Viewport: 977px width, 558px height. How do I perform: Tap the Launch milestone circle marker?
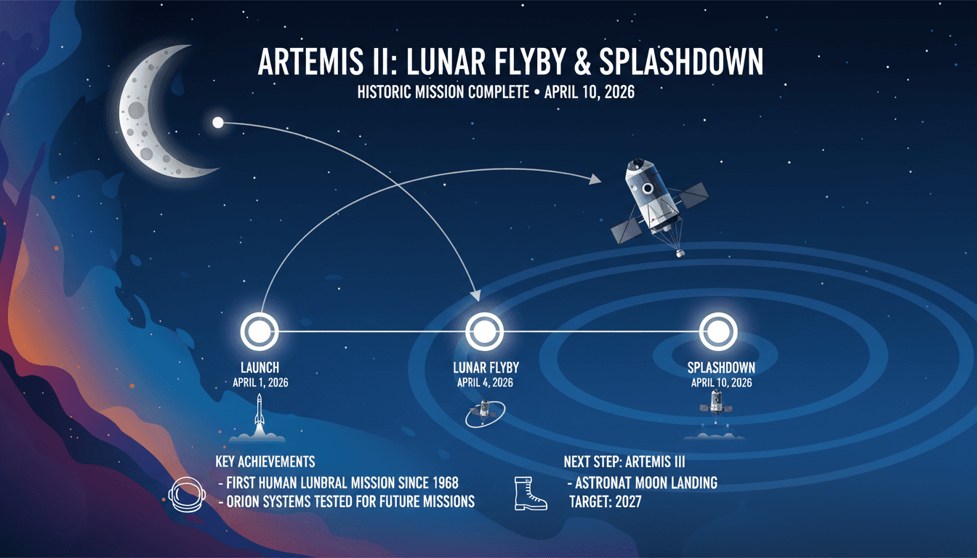260,331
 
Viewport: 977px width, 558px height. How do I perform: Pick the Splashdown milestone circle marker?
718,331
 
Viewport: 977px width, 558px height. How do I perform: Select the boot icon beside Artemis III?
530,492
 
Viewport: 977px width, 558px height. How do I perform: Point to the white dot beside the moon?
217,122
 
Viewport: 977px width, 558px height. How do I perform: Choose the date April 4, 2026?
485,383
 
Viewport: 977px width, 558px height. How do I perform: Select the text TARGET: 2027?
605,501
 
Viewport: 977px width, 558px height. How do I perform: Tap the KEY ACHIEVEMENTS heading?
265,461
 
